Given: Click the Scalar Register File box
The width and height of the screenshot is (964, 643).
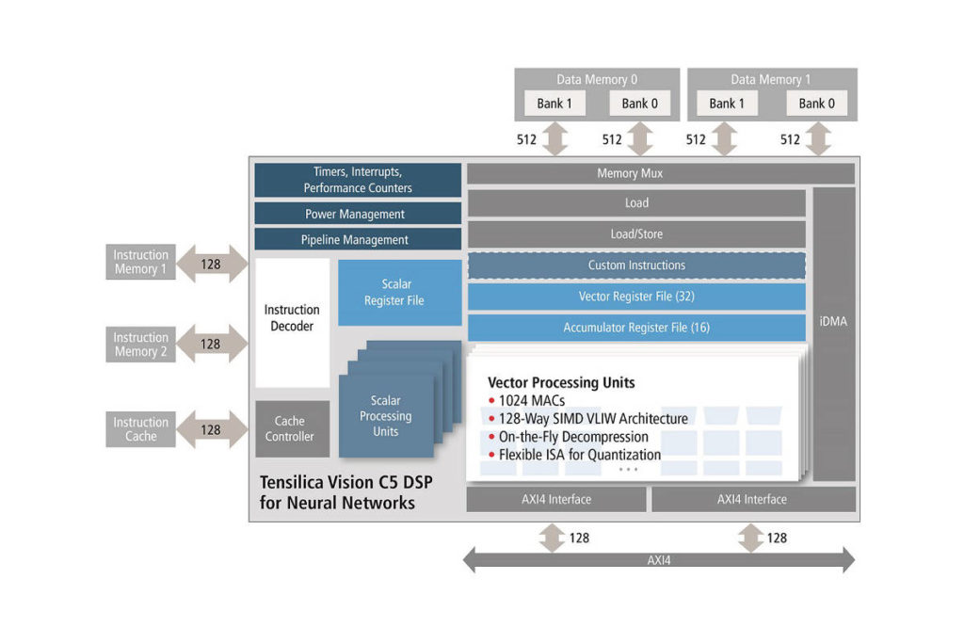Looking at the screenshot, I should [x=399, y=293].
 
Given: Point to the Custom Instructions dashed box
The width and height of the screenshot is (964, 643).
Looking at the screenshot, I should [x=636, y=265].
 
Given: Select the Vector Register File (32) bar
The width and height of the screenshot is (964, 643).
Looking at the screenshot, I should [x=636, y=297].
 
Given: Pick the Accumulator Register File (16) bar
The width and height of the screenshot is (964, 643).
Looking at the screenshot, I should [x=636, y=328].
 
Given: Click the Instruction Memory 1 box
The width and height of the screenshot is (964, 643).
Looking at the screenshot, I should [x=140, y=263].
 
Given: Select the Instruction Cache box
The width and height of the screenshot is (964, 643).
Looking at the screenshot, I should [x=140, y=429].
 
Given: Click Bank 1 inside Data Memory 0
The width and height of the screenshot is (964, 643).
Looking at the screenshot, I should [x=554, y=104].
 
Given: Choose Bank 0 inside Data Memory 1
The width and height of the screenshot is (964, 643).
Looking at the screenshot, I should [x=816, y=104].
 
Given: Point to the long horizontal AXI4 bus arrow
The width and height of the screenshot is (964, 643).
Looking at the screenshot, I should [x=659, y=560].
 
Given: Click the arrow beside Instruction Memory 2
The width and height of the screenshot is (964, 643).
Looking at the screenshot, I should [x=211, y=345].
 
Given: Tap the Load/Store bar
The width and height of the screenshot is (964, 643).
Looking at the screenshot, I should [x=636, y=234].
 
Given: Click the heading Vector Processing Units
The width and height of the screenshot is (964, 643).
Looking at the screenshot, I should [x=561, y=383].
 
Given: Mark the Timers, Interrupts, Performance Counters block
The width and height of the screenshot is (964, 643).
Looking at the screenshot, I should [x=358, y=180].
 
